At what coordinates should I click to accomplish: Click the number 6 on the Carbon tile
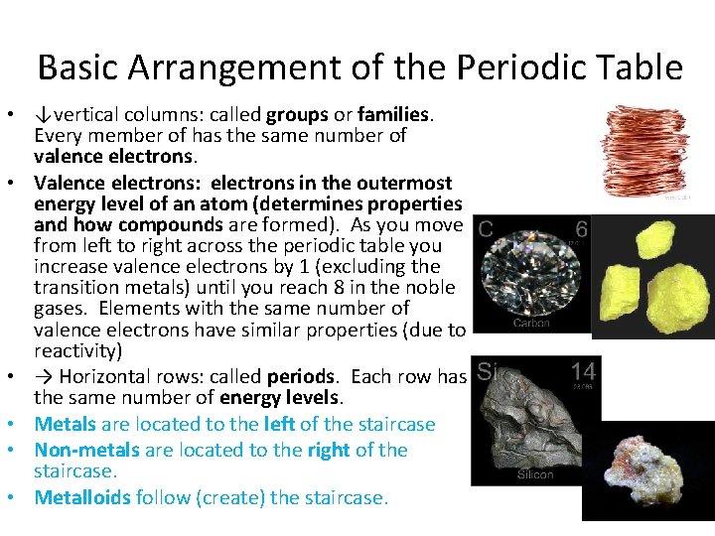(x=581, y=229)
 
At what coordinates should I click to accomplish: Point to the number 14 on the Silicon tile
(x=583, y=372)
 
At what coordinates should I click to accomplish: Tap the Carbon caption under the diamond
(x=531, y=323)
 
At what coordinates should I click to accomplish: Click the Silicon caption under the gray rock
(x=535, y=474)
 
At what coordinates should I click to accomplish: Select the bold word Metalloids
(x=82, y=497)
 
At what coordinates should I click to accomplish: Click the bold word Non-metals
(x=86, y=450)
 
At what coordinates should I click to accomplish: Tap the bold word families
(x=399, y=113)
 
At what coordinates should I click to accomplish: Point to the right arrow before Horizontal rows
(x=43, y=377)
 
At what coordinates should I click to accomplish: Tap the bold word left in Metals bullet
(x=281, y=424)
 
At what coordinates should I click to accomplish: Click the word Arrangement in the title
(x=221, y=67)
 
